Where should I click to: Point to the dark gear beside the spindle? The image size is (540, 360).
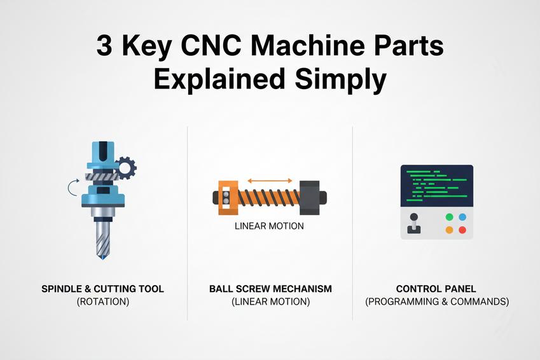(x=127, y=168)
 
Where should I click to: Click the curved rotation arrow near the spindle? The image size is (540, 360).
(x=73, y=186)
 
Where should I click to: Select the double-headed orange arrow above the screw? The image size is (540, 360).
(x=270, y=181)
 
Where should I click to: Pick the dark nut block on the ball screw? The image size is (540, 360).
(x=310, y=197)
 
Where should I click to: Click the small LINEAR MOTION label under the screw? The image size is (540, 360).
(x=269, y=226)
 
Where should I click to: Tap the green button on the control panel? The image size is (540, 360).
(x=450, y=217)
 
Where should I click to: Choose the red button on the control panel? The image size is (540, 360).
(x=462, y=230)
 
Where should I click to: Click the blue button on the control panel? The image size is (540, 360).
(x=462, y=217)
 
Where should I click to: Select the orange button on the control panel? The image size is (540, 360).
(x=450, y=230)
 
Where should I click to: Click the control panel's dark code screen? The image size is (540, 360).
(x=436, y=185)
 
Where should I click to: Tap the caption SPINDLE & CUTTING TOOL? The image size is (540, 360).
(x=102, y=289)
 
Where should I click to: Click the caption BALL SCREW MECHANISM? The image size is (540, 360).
(x=270, y=289)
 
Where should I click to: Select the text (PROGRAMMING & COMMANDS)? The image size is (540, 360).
(x=437, y=302)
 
